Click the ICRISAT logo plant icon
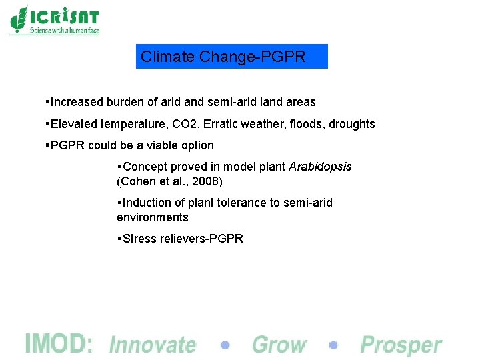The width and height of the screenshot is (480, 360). tap(19, 19)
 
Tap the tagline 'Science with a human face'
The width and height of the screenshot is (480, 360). tap(64, 31)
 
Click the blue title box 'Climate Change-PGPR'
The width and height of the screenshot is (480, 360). tap(231, 57)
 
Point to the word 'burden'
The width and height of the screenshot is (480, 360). tap(126, 103)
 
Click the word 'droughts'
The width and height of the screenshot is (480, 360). tap(349, 124)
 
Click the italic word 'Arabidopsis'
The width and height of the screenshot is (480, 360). tap(320, 167)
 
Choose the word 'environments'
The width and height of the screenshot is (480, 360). tap(153, 217)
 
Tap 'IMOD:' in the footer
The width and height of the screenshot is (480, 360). tap(59, 344)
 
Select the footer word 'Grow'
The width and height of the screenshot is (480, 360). tap(279, 345)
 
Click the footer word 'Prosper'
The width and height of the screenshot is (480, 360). tap(401, 345)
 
